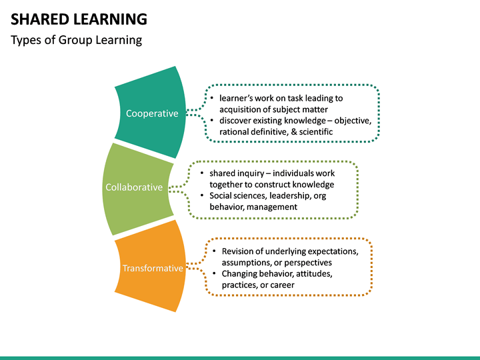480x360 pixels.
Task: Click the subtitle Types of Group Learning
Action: (77, 40)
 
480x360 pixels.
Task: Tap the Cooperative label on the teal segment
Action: (152, 113)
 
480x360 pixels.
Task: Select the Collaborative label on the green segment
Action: (133, 187)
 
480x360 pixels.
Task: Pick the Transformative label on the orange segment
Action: (152, 268)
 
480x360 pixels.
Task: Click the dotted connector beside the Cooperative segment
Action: (195, 113)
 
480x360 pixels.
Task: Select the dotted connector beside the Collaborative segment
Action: (179, 187)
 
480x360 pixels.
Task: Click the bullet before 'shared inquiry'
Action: (202, 173)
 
